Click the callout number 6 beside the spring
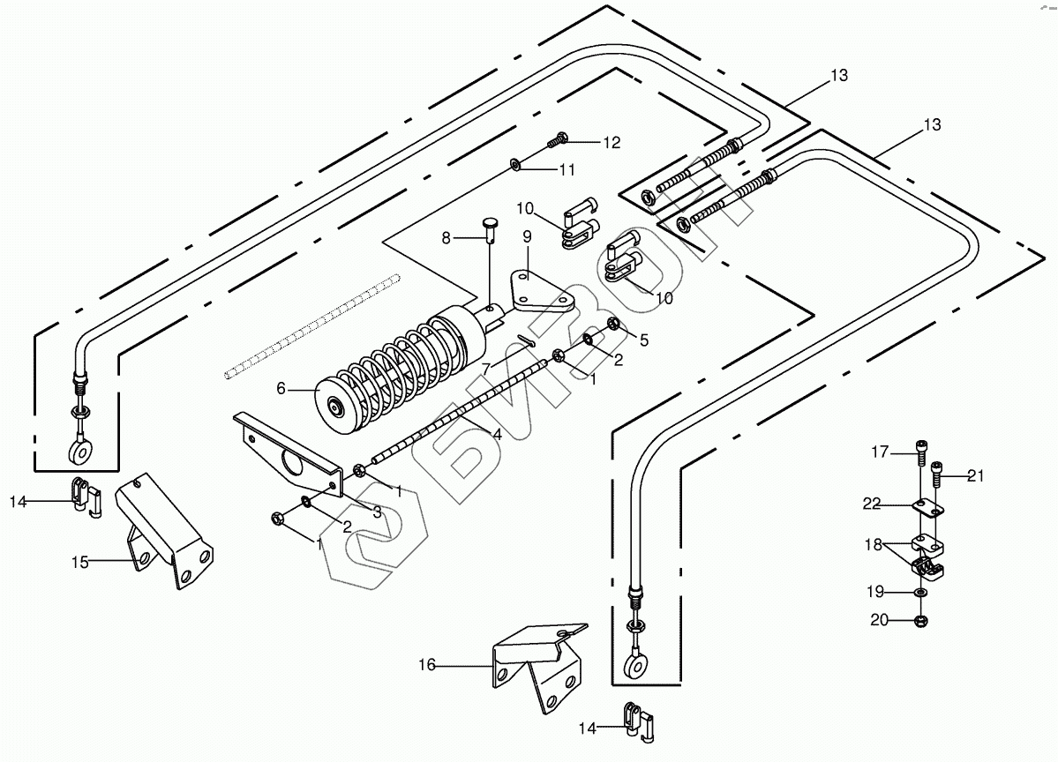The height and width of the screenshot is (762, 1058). tap(281, 388)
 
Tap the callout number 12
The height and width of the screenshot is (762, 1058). tap(612, 143)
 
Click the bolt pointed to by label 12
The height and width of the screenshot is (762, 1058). tap(558, 139)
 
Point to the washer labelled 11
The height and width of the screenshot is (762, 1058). tap(515, 164)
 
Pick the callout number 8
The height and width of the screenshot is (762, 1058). tap(446, 238)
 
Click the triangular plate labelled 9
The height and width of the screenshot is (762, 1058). tap(541, 292)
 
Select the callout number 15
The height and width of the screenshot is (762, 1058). tap(80, 562)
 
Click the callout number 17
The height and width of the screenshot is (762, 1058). tap(880, 452)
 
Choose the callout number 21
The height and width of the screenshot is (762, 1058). tap(976, 476)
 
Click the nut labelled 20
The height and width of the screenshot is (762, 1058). tap(920, 620)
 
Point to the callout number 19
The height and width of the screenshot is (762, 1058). tap(875, 592)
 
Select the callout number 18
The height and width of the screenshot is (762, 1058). tap(874, 544)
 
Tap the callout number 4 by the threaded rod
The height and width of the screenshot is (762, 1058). tap(498, 435)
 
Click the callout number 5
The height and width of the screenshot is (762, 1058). tap(643, 340)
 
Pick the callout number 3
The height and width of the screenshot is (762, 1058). tap(377, 512)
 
